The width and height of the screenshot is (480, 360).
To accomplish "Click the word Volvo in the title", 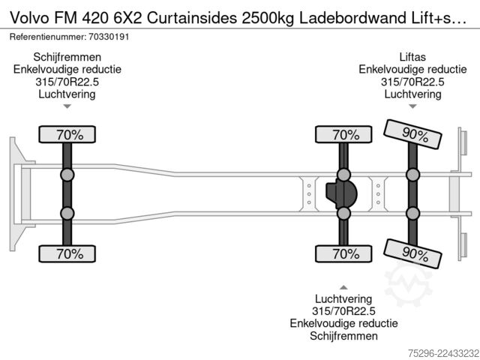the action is coord(29,18).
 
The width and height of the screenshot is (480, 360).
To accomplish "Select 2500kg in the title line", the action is coord(268,18).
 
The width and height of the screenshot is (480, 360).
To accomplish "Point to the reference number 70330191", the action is coord(109,37).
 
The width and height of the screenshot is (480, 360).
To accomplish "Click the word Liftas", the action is coord(412,57).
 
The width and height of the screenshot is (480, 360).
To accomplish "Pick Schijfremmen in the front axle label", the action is coord(67,57).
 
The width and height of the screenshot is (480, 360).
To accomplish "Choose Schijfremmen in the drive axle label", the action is coord(343,336).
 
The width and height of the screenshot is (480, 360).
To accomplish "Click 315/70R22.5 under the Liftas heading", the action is coord(412,82).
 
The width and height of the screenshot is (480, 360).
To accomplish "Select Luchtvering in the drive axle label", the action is coord(343,298).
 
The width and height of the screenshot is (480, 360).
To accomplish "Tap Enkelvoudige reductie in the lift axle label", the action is coord(412,70).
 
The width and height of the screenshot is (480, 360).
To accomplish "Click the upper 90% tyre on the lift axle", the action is coord(412,134).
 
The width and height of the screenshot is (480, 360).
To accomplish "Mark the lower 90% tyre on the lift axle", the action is coord(412,253).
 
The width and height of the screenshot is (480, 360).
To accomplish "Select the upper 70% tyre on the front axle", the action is coord(67,134).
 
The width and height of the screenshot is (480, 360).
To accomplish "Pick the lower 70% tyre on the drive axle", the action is coord(343,253).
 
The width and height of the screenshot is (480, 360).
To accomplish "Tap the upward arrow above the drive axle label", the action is coord(343,287).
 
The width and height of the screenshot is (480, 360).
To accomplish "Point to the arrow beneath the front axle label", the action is coord(67,106).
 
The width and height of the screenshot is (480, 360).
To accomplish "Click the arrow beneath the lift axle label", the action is coord(412,106).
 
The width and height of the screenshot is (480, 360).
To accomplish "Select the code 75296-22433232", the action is coord(444,353).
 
